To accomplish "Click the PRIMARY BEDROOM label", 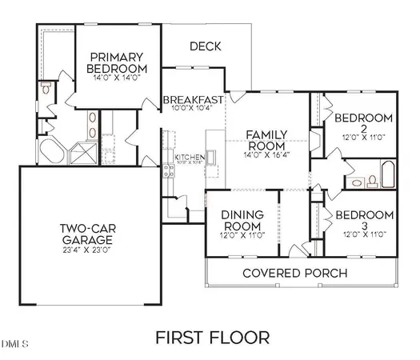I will (x=118, y=63).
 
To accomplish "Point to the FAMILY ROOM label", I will (x=266, y=140).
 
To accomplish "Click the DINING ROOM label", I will (x=242, y=220).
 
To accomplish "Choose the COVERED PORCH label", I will (x=295, y=274).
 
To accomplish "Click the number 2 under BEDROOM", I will (x=363, y=128).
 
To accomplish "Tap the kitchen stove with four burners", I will (x=169, y=170).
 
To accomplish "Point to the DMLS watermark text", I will (x=14, y=345).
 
